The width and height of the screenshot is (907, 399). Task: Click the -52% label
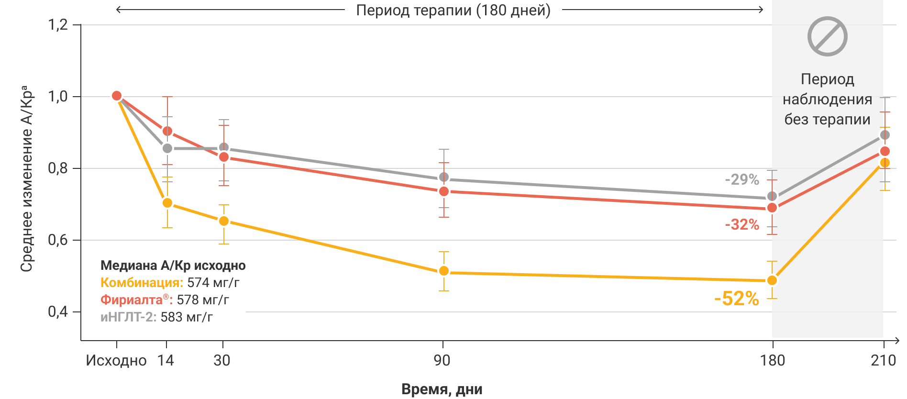[736, 299]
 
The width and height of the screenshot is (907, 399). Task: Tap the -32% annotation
[741, 224]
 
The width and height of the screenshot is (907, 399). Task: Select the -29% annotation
[741, 180]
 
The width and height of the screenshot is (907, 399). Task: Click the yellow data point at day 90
[443, 271]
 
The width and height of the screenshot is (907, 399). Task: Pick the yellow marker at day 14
[167, 203]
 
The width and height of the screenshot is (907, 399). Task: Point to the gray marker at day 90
[443, 177]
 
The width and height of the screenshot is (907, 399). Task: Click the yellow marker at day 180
[771, 280]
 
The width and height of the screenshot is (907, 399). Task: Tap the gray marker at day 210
[885, 135]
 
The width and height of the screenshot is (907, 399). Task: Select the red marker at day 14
[167, 131]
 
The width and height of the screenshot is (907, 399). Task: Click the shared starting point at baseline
[116, 96]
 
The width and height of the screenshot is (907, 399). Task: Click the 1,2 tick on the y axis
[58, 25]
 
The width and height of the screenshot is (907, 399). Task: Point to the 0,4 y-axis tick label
[58, 312]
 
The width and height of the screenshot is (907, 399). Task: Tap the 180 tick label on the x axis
[772, 360]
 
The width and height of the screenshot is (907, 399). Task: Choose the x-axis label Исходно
[116, 360]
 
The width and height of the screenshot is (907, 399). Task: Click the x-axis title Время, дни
[442, 389]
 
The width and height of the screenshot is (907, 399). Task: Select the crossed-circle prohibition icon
[827, 36]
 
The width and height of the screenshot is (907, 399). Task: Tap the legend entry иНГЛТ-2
[128, 317]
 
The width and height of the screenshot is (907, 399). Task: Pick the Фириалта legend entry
[136, 300]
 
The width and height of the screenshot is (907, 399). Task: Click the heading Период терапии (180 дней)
[453, 10]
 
